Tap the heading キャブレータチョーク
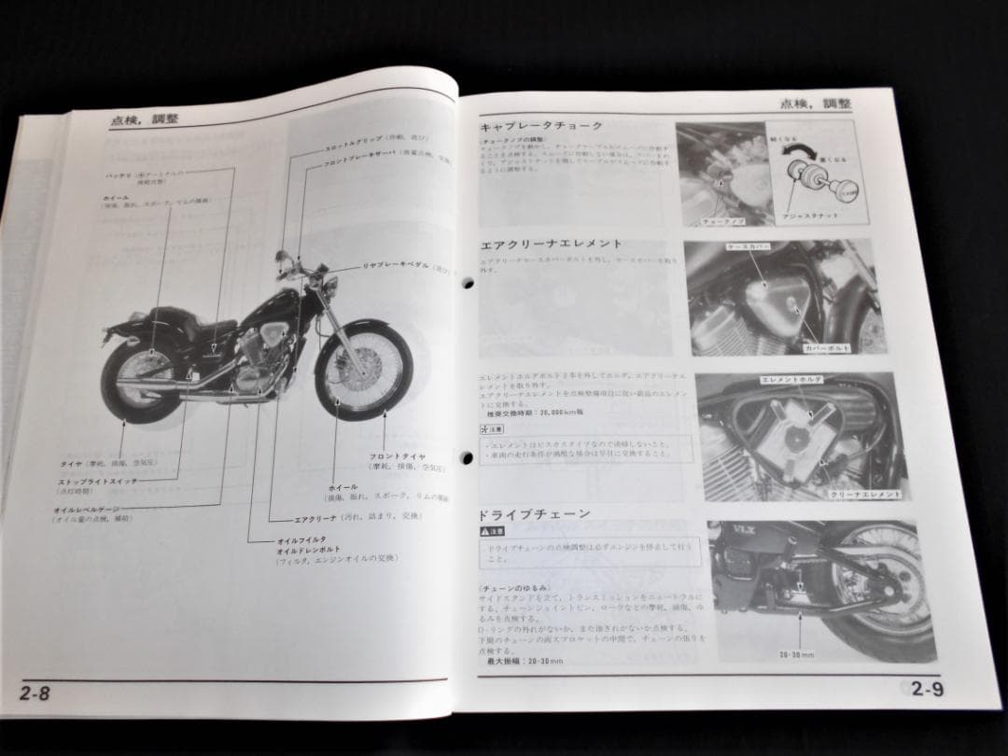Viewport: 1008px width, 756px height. (x=541, y=126)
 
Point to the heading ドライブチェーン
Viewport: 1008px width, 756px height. (x=535, y=515)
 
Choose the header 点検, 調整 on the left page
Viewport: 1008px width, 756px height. (x=145, y=119)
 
